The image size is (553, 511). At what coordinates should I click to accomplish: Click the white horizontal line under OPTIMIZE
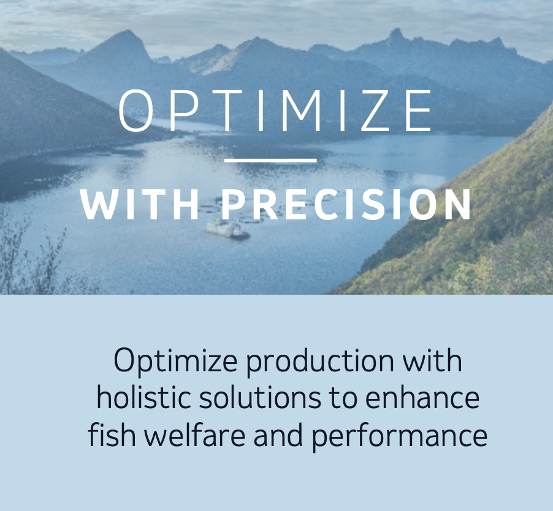[x=271, y=161]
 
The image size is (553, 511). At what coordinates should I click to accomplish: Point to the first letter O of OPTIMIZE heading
[x=135, y=111]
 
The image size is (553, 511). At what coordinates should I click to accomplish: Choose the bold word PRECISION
[x=346, y=205]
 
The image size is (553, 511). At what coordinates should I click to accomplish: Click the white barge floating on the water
[x=227, y=230]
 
